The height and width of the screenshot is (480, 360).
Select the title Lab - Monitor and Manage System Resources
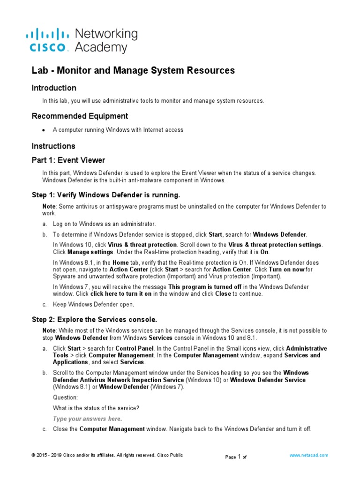[133, 70]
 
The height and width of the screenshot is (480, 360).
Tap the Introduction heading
[54, 88]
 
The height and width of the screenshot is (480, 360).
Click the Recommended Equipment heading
[80, 116]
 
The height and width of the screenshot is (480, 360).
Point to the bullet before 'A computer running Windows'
[44, 130]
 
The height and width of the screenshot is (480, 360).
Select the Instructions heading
[53, 146]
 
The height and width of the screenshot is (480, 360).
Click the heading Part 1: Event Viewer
[68, 160]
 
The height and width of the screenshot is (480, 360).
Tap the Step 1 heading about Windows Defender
[106, 195]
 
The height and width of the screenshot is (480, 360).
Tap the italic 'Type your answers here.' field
[88, 419]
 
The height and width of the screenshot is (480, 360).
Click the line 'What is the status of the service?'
[96, 408]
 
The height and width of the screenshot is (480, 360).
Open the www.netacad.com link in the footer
[309, 455]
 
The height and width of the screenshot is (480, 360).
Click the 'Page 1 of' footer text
[236, 457]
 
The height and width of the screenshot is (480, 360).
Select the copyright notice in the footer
[107, 455]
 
